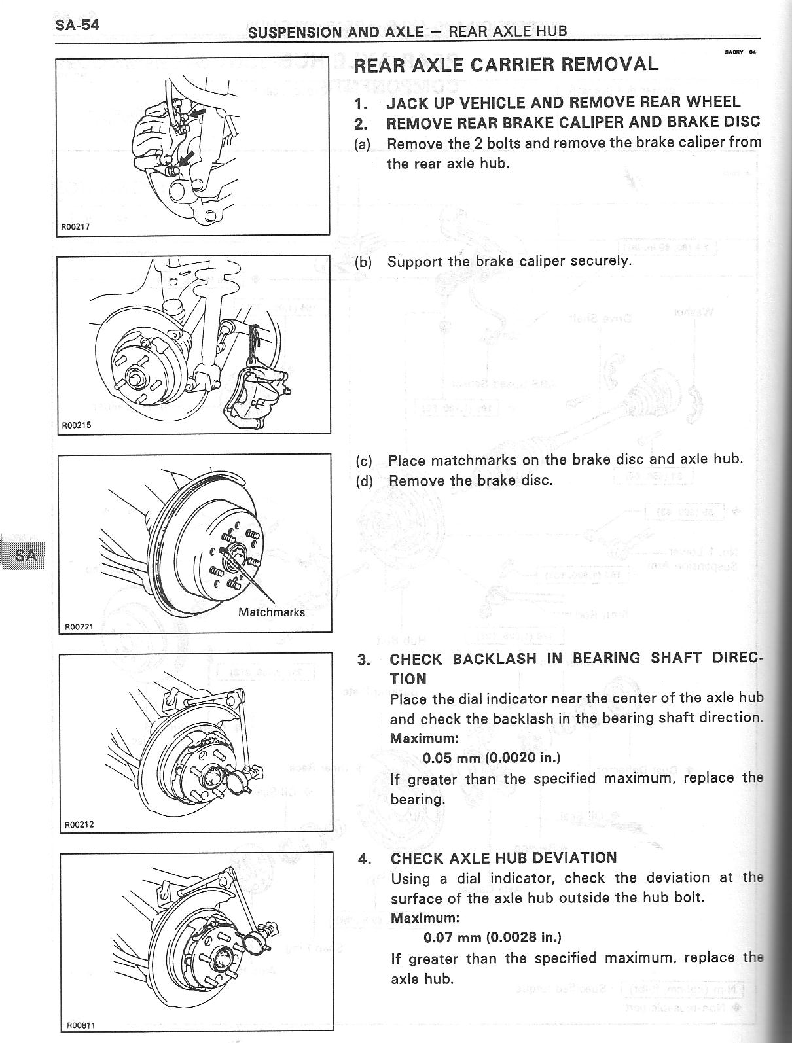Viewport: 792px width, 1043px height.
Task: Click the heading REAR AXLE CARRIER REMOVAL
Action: click(505, 64)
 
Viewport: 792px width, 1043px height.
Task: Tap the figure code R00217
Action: click(75, 227)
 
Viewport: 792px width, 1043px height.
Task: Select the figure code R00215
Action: click(76, 425)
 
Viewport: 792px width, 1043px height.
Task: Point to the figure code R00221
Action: click(79, 626)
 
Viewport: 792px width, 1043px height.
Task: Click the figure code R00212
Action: click(79, 824)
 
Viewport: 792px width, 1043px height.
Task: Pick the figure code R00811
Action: click(81, 1025)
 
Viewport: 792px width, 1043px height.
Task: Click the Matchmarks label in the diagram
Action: click(271, 612)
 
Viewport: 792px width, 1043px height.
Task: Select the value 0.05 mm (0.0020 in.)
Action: click(492, 758)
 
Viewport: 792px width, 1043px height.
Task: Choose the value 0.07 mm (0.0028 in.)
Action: click(492, 937)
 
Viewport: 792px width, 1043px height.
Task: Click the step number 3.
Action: click(363, 660)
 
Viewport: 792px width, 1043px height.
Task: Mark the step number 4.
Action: click(365, 858)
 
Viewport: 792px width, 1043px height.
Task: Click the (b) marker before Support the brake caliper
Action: click(363, 262)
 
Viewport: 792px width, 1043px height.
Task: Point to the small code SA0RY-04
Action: click(740, 52)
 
